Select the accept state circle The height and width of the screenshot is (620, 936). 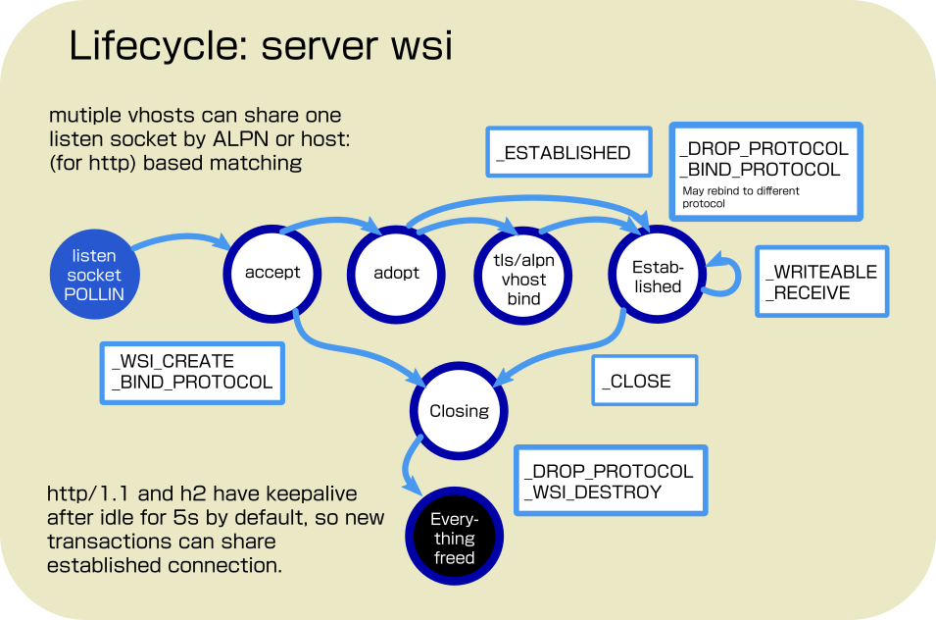(x=272, y=272)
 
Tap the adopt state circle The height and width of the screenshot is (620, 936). (x=396, y=272)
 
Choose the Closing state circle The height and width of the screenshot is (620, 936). (x=459, y=411)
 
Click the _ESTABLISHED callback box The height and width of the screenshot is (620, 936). (x=568, y=152)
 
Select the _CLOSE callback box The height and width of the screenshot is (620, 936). (x=644, y=381)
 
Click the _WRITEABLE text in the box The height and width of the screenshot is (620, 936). (x=820, y=271)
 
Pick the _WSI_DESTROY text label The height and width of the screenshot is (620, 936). (x=593, y=491)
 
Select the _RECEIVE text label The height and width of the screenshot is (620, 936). (x=809, y=292)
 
